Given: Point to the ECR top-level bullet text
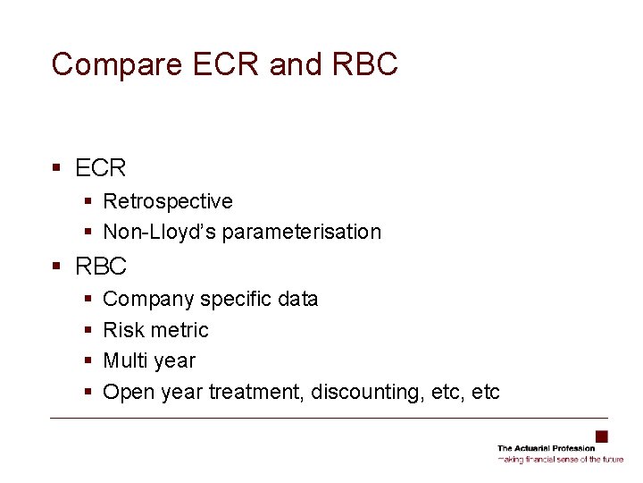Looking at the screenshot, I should pyautogui.click(x=101, y=167).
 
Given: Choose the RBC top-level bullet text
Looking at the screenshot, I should pyautogui.click(x=102, y=266).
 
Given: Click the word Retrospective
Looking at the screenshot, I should pyautogui.click(x=168, y=201).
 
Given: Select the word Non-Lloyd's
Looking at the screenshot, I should pyautogui.click(x=160, y=232).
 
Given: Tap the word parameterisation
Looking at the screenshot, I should pyautogui.click(x=302, y=232).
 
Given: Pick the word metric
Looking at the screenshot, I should pyautogui.click(x=180, y=330).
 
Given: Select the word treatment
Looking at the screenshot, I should pyautogui.click(x=256, y=392).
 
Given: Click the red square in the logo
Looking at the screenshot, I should pyautogui.click(x=601, y=436).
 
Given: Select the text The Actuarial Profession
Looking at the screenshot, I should pyautogui.click(x=546, y=448).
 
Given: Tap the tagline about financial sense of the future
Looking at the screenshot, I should pyautogui.click(x=561, y=459).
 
